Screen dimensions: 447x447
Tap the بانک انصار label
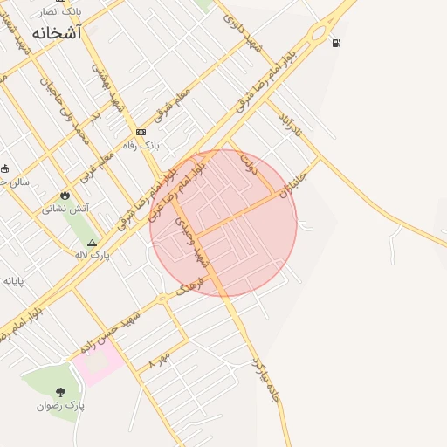[x=61, y=11]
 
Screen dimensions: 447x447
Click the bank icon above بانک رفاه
[x=141, y=132]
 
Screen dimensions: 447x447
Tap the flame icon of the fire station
[x=64, y=196]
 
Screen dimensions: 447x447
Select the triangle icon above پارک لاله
[x=93, y=242]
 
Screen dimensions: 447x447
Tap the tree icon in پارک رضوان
[x=59, y=392]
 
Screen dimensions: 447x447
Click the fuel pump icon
[x=337, y=42]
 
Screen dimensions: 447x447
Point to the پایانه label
[x=12, y=280]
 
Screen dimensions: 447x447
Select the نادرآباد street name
[x=289, y=126]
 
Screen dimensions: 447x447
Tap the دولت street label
[x=250, y=165]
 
